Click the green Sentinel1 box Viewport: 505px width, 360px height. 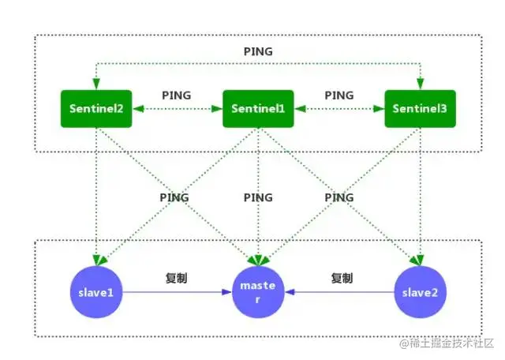(x=258, y=110)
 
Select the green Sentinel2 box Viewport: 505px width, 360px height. (x=97, y=110)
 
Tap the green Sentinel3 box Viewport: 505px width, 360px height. (x=421, y=110)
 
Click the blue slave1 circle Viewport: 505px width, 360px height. (x=97, y=293)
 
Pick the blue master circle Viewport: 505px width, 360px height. (x=258, y=293)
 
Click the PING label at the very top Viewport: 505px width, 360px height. (x=258, y=51)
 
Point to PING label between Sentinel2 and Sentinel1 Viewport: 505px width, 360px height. (x=177, y=95)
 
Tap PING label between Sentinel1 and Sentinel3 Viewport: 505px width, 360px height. (x=339, y=95)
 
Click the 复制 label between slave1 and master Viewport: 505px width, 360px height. (x=177, y=278)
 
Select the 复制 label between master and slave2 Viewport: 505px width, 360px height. (x=341, y=278)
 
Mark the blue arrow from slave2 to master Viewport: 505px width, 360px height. (x=339, y=293)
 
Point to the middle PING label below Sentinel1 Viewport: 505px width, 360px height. (x=258, y=197)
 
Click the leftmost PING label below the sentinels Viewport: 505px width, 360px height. (x=174, y=197)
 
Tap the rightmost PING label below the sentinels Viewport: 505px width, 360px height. (x=339, y=197)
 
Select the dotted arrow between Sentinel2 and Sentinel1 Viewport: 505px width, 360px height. (x=177, y=110)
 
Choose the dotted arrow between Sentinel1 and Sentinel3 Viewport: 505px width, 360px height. (x=339, y=110)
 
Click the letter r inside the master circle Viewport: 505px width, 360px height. (x=258, y=300)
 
